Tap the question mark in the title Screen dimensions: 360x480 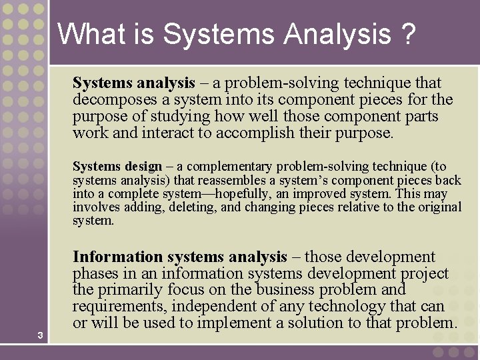click(x=409, y=33)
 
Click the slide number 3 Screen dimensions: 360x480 click(x=41, y=335)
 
